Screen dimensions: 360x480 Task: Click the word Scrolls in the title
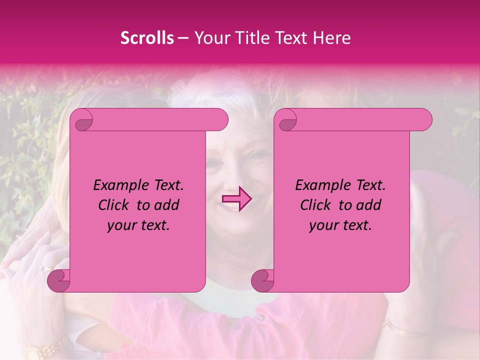point(147,38)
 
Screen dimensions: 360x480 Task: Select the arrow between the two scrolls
point(237,199)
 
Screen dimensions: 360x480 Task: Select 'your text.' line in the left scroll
point(138,225)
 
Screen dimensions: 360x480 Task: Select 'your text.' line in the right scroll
point(340,225)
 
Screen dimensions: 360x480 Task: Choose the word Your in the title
point(211,38)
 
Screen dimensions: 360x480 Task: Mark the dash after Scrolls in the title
point(183,38)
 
